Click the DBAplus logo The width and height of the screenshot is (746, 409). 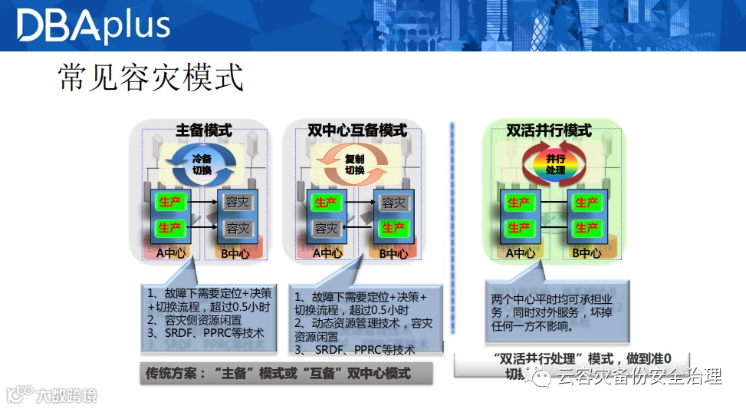(x=93, y=25)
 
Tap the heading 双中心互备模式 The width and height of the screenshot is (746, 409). (x=357, y=130)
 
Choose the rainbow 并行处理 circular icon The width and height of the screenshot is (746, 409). (x=555, y=163)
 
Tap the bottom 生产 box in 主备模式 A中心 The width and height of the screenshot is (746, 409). (x=169, y=228)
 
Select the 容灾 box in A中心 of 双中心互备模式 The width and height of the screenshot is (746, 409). (x=326, y=228)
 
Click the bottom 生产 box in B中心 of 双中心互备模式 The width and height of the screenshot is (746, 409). (x=393, y=228)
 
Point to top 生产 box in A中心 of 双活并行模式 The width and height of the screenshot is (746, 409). (x=519, y=203)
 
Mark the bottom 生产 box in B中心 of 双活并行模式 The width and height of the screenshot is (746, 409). (x=587, y=228)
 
